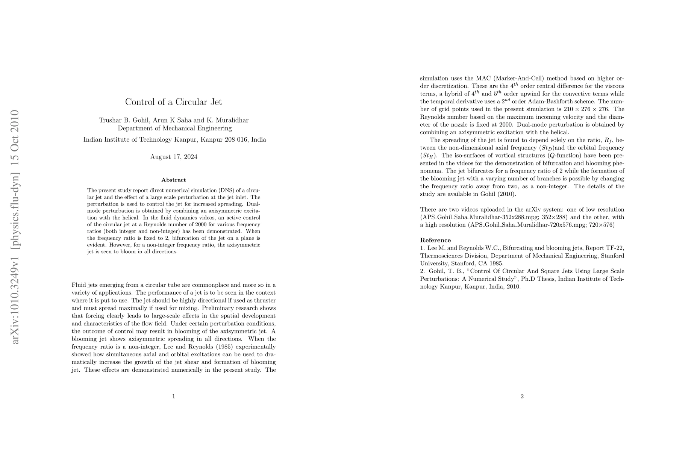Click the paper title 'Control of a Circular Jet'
click(173, 102)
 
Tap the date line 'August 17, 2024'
click(173, 157)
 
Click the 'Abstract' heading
click(173, 180)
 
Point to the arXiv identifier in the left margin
click(15, 227)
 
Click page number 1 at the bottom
click(173, 396)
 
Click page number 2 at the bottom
click(522, 396)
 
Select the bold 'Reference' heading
click(435, 240)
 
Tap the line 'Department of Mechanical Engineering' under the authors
click(175, 128)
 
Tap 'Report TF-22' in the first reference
click(606, 248)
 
